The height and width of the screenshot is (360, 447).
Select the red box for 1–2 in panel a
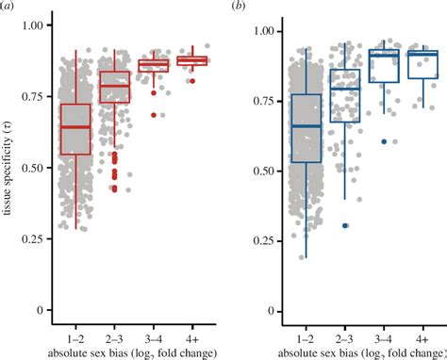(x=75, y=128)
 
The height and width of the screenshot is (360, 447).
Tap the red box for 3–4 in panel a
(x=153, y=65)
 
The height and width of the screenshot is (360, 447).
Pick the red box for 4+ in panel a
(x=192, y=60)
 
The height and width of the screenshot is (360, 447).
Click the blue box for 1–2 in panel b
(x=306, y=128)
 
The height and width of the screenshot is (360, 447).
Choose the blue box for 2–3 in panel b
(x=345, y=95)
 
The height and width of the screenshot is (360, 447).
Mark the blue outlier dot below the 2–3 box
(x=345, y=225)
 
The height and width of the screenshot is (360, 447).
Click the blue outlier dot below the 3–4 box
(x=383, y=140)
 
